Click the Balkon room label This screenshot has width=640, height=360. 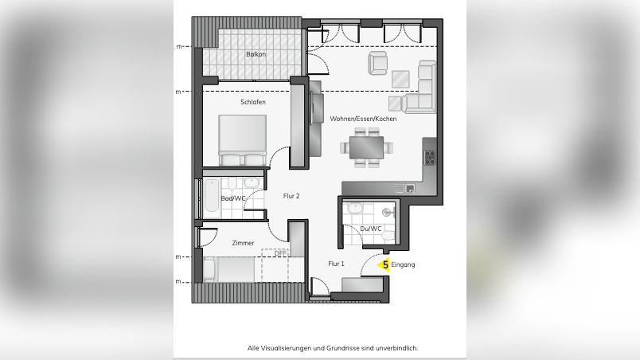pyautogui.click(x=256, y=54)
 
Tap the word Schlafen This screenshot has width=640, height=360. pyautogui.click(x=252, y=103)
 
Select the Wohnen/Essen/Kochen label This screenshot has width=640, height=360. pyautogui.click(x=363, y=119)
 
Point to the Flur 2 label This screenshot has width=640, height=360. pyautogui.click(x=291, y=195)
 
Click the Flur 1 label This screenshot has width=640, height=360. pyautogui.click(x=337, y=263)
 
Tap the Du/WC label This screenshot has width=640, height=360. pyautogui.click(x=371, y=229)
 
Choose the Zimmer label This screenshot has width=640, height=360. pyautogui.click(x=243, y=242)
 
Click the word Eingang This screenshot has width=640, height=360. pyautogui.click(x=404, y=264)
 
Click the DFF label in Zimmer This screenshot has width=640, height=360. pyautogui.click(x=280, y=254)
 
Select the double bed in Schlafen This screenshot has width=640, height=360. pyautogui.click(x=242, y=139)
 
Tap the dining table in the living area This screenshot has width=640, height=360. pyautogui.click(x=367, y=147)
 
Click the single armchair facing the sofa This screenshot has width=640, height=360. pyautogui.click(x=377, y=62)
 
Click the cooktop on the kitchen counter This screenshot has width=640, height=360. pyautogui.click(x=430, y=156)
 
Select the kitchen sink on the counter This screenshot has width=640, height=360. pyautogui.click(x=405, y=188)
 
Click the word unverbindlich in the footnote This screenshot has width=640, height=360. pyautogui.click(x=396, y=348)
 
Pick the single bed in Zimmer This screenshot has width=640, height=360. pyautogui.click(x=231, y=269)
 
